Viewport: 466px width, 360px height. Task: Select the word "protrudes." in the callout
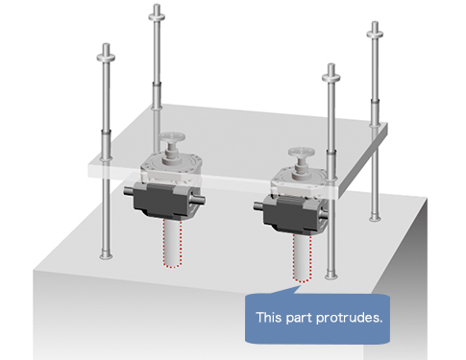pyautogui.click(x=350, y=318)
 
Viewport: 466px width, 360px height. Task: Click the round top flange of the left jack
pyautogui.click(x=173, y=137)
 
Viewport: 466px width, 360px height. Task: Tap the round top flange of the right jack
pyautogui.click(x=301, y=152)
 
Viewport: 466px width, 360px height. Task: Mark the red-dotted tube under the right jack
pyautogui.click(x=302, y=258)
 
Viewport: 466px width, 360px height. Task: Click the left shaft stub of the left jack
pyautogui.click(x=129, y=191)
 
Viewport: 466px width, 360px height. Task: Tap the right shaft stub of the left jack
pyautogui.click(x=199, y=201)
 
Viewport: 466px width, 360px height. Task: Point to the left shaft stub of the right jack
pyautogui.click(x=258, y=205)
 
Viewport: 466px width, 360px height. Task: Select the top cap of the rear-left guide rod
pyautogui.click(x=157, y=15)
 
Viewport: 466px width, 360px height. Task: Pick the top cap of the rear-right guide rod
pyautogui.click(x=375, y=33)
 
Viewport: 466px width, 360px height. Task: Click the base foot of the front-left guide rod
pyautogui.click(x=106, y=256)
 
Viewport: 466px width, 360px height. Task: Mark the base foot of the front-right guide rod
pyautogui.click(x=331, y=276)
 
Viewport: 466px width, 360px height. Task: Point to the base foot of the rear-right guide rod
pyautogui.click(x=375, y=219)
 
